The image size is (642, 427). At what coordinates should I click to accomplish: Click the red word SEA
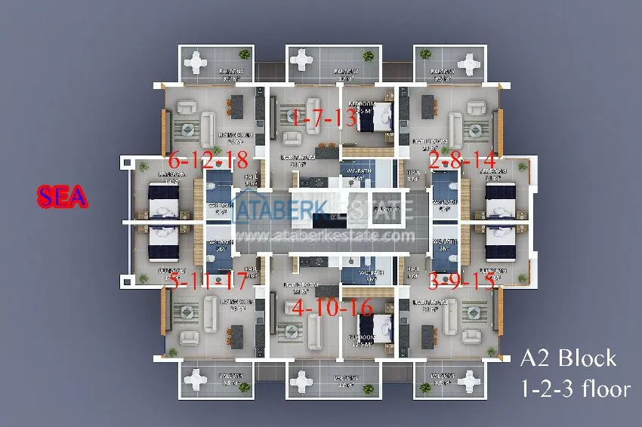pos(63,198)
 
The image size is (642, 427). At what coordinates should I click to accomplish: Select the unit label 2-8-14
pos(461,161)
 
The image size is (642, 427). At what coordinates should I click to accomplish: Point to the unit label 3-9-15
pos(461,283)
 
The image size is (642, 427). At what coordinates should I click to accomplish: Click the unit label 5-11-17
pos(208,283)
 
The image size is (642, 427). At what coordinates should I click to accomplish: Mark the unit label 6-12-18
pos(208,161)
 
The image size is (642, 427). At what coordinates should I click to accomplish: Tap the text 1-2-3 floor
pos(575,389)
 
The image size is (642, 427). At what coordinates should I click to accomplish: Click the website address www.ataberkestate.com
pos(324,235)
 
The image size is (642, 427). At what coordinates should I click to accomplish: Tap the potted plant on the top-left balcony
pos(243,54)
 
